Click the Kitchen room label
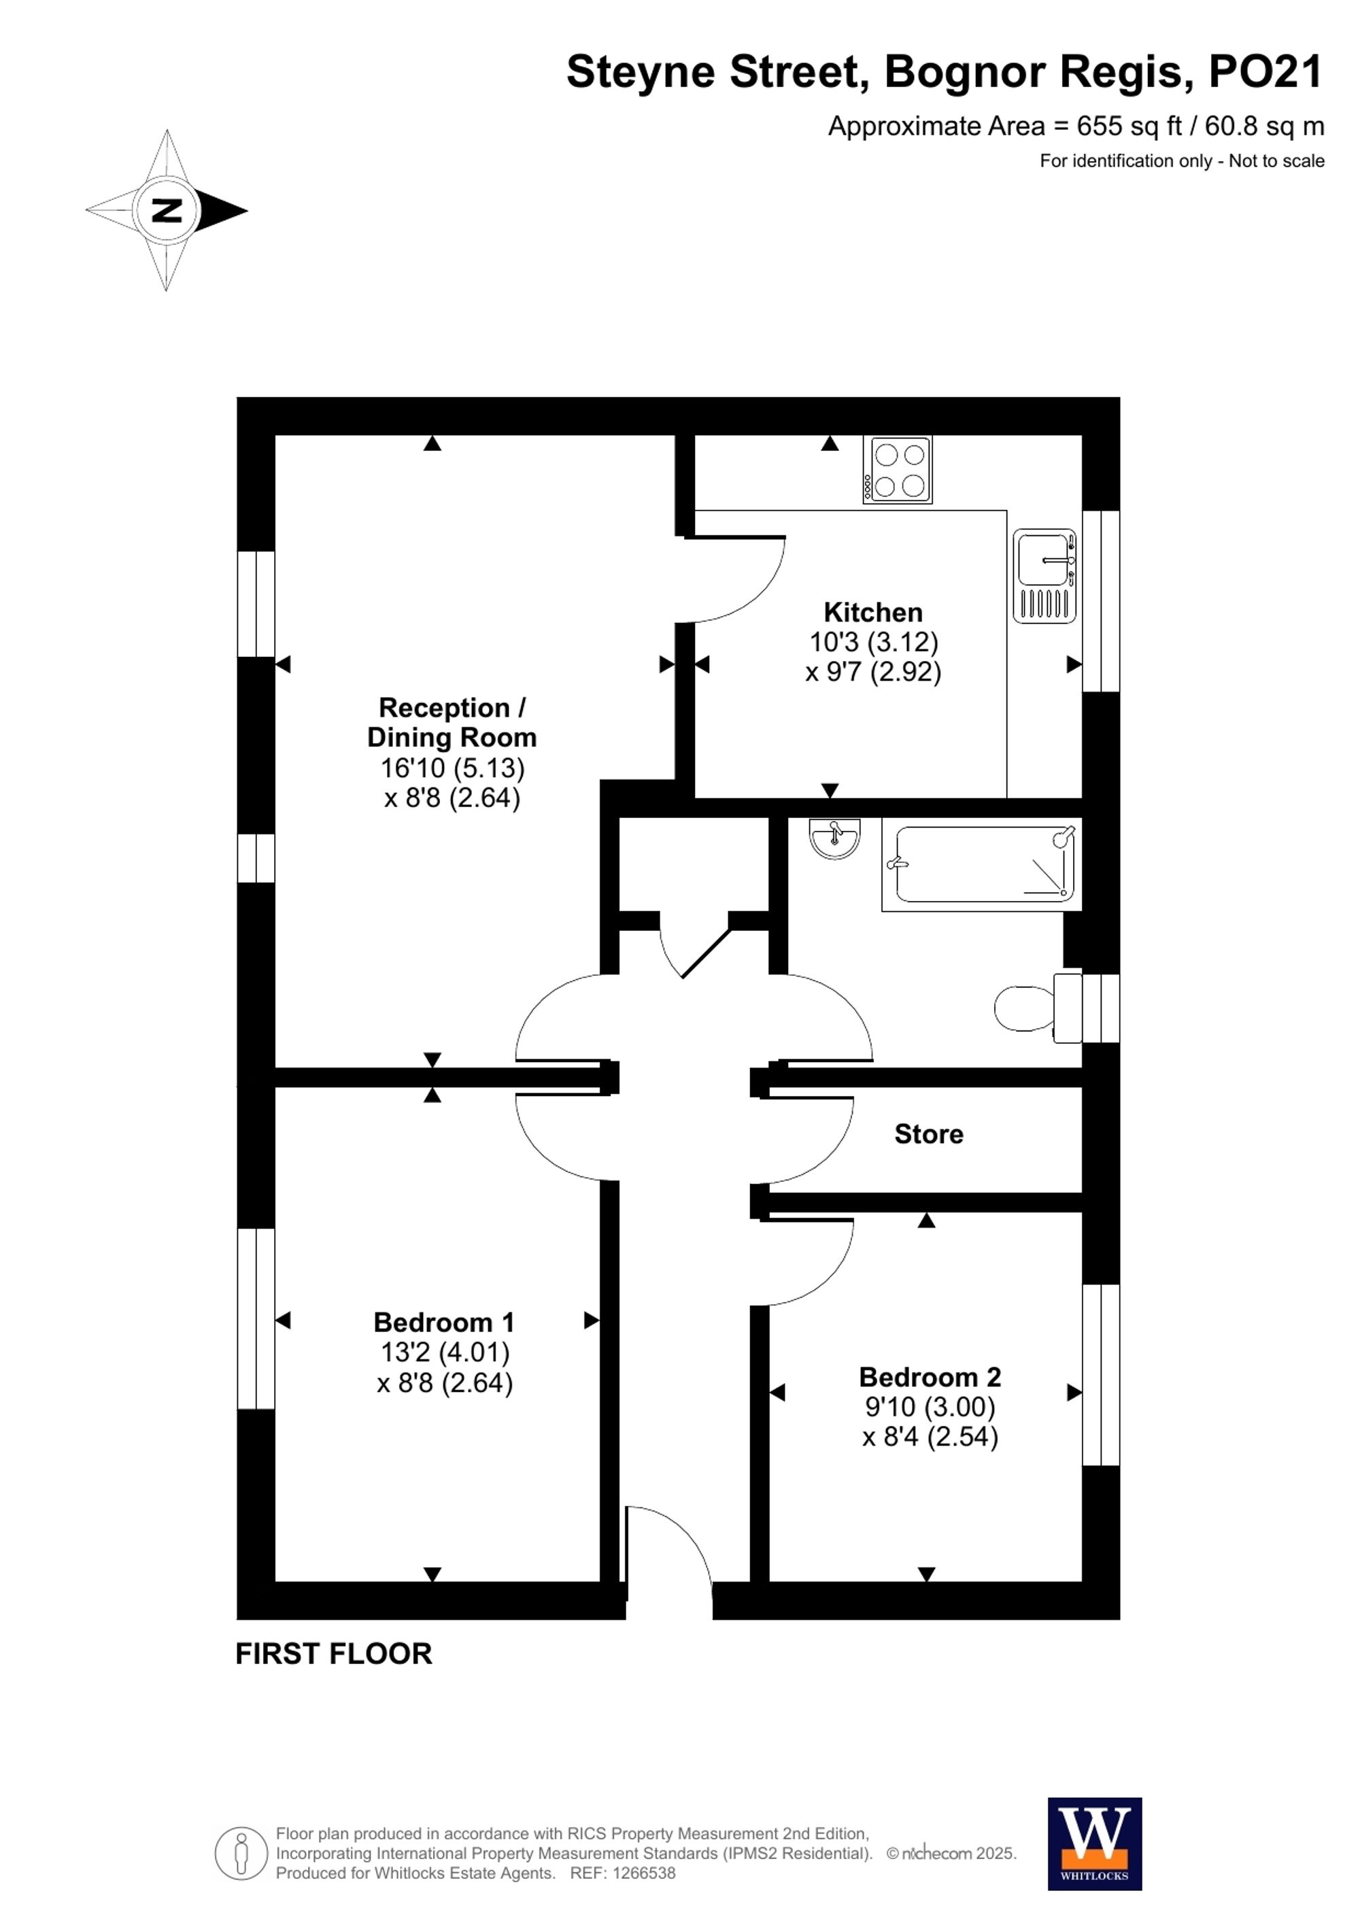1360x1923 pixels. coord(872,612)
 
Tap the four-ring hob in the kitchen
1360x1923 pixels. coord(898,470)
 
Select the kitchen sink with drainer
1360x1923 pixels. coord(1044,575)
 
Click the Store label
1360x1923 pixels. coord(928,1134)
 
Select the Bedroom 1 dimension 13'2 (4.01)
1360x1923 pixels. coord(445,1352)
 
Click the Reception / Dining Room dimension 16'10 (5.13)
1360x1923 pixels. coord(452,767)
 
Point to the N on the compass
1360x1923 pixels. coord(167,210)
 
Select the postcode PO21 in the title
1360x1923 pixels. coord(1265,72)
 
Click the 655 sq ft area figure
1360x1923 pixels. coord(1129,126)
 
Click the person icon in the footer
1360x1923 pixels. coord(241,1853)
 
